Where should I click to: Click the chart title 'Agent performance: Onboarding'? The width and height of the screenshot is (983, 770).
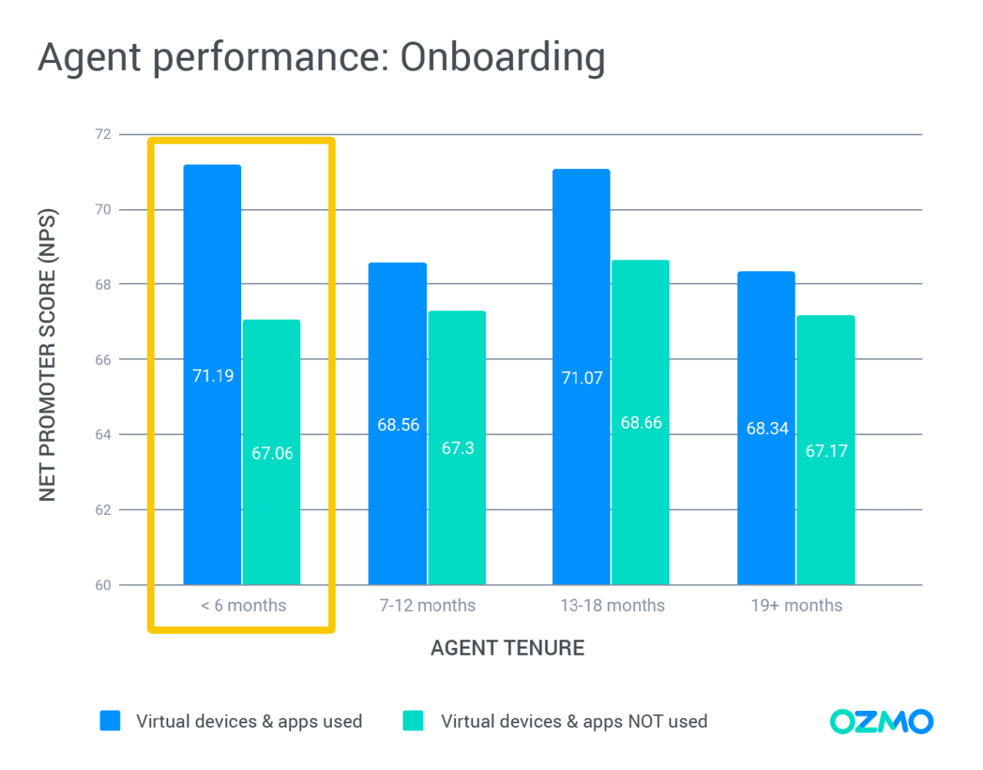322,58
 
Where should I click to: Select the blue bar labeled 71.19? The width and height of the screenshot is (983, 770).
212,307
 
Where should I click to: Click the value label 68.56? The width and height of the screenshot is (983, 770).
398,425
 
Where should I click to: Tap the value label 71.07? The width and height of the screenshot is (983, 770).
582,378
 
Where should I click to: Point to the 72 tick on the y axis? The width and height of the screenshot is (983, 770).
103,134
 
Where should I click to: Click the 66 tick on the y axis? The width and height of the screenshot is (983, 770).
103,360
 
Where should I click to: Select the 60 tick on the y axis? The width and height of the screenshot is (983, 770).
103,586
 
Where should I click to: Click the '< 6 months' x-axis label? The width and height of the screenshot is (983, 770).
243,606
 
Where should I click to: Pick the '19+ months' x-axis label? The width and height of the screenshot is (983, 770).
796,606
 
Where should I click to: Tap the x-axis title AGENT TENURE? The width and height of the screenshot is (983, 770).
507,648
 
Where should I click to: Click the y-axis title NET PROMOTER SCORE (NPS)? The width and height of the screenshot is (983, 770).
48,355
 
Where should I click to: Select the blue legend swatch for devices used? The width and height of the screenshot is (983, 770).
111,721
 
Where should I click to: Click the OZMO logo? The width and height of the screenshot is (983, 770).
881,722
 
